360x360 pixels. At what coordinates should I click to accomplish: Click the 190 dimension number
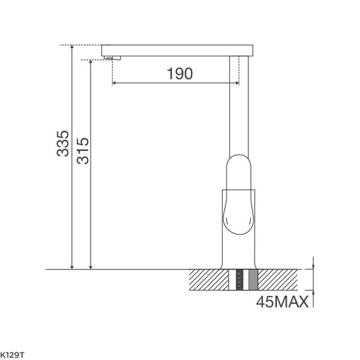(x=179, y=74)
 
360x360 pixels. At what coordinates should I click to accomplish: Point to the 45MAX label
(x=281, y=302)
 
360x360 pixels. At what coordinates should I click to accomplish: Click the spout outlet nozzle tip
(x=113, y=58)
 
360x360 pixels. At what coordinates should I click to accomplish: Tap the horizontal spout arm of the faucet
(x=180, y=49)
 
